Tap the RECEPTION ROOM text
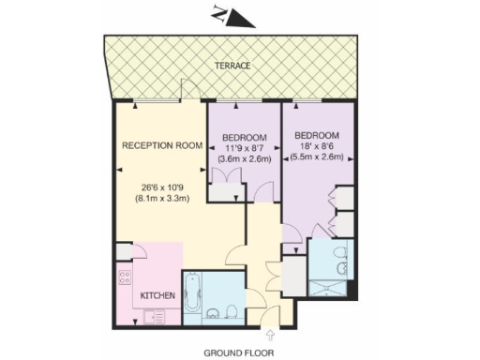click(163, 145)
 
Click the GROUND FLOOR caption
click(239, 352)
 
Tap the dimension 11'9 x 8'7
click(245, 147)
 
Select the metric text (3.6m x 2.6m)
click(245, 159)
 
